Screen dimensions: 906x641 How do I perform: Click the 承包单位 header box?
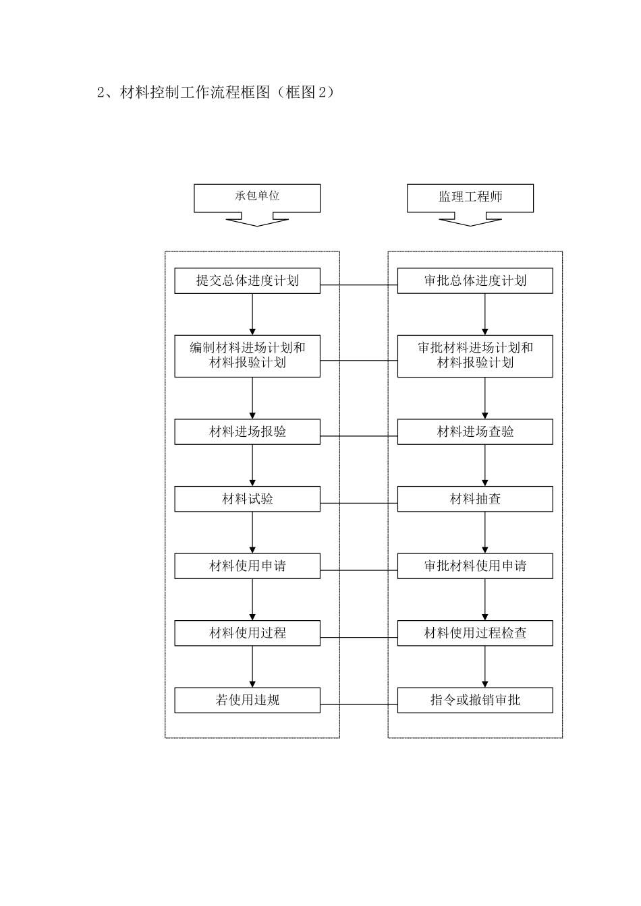[x=256, y=198]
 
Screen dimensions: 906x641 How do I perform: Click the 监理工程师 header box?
[x=470, y=198]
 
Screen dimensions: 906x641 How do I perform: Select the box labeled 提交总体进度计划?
[x=247, y=281]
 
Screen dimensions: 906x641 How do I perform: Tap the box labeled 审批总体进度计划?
[x=474, y=281]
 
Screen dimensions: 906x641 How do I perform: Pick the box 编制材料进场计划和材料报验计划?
[x=247, y=356]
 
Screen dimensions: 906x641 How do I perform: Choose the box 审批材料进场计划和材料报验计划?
[x=474, y=356]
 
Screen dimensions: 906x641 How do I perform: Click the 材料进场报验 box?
[x=247, y=432]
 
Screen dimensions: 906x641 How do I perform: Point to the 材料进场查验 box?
[x=474, y=432]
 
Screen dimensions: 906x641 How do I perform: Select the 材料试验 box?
[x=247, y=500]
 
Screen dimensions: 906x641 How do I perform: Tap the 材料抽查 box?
[x=474, y=500]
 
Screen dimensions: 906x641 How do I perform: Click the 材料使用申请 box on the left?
[x=247, y=566]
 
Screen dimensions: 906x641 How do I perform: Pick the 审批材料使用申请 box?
[x=474, y=566]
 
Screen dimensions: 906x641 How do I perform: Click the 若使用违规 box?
[x=247, y=700]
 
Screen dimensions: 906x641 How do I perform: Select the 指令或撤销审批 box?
[x=474, y=700]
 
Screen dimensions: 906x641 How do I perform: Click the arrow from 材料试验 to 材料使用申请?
[x=252, y=533]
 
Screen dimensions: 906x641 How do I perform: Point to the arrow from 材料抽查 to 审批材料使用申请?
[x=485, y=533]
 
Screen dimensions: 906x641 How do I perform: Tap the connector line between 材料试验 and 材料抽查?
[x=358, y=504]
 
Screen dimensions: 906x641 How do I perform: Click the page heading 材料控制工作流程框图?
[x=216, y=93]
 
